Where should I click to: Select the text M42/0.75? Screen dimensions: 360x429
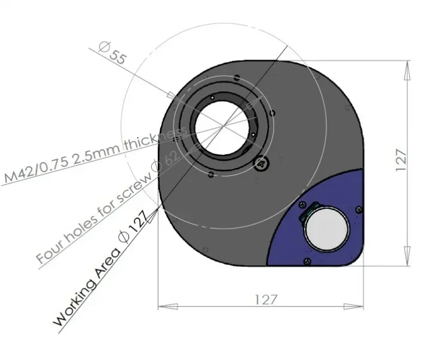tap(36, 169)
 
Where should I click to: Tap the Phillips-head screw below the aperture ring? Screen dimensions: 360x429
tap(261, 163)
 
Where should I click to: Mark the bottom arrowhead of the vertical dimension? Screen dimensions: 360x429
tap(407, 257)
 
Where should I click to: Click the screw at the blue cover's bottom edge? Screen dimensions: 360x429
tap(308, 260)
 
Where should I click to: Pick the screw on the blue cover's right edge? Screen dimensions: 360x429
tap(359, 209)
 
